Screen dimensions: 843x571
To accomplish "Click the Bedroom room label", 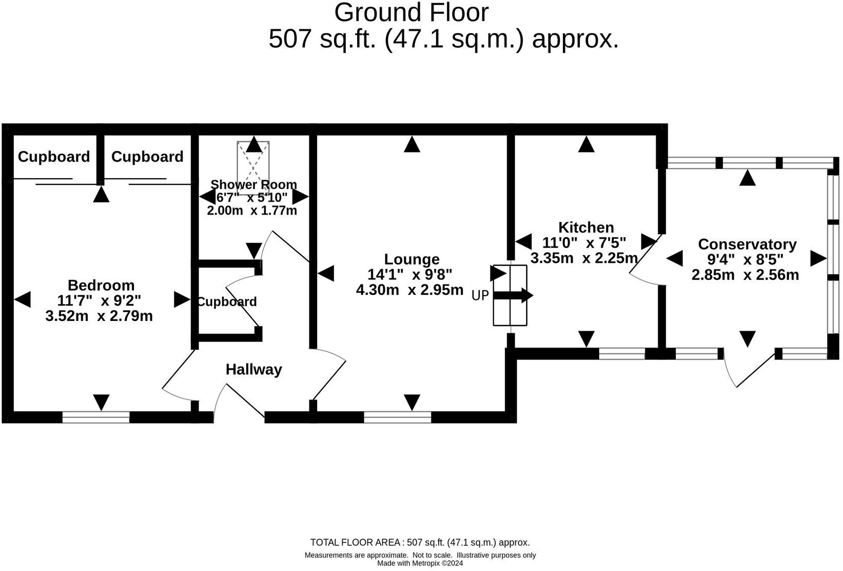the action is pyautogui.click(x=101, y=285).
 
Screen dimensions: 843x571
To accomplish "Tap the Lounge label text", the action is pyautogui.click(x=411, y=259).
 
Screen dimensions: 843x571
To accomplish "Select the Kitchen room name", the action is pyautogui.click(x=586, y=227).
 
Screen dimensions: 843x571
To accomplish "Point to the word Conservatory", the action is pyautogui.click(x=747, y=244).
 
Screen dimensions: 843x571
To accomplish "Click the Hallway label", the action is pyautogui.click(x=253, y=370).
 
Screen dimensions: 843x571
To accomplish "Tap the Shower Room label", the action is pyautogui.click(x=253, y=184).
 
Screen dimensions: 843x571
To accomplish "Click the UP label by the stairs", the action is pyautogui.click(x=480, y=296).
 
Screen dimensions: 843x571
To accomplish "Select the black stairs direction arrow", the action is pyautogui.click(x=513, y=295).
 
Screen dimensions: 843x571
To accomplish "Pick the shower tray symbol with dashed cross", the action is pyautogui.click(x=253, y=167).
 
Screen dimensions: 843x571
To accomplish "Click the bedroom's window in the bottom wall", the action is pyautogui.click(x=96, y=417).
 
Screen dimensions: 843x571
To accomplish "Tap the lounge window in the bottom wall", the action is pyautogui.click(x=398, y=417).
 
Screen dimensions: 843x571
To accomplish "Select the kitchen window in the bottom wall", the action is pyautogui.click(x=622, y=354).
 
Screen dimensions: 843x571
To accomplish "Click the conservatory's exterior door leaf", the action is pyautogui.click(x=756, y=370).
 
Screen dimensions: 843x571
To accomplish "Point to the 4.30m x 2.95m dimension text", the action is pyautogui.click(x=409, y=290).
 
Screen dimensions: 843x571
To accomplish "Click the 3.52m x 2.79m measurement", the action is pyautogui.click(x=99, y=316).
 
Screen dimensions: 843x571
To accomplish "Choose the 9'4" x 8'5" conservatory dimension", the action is pyautogui.click(x=745, y=259).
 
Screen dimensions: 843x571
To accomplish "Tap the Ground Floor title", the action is pyautogui.click(x=411, y=12).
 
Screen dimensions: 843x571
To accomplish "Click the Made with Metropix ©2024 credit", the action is pyautogui.click(x=420, y=563).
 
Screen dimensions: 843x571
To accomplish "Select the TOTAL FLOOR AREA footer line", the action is pyautogui.click(x=420, y=542).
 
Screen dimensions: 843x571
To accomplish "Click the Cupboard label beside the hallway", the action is pyautogui.click(x=227, y=301).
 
